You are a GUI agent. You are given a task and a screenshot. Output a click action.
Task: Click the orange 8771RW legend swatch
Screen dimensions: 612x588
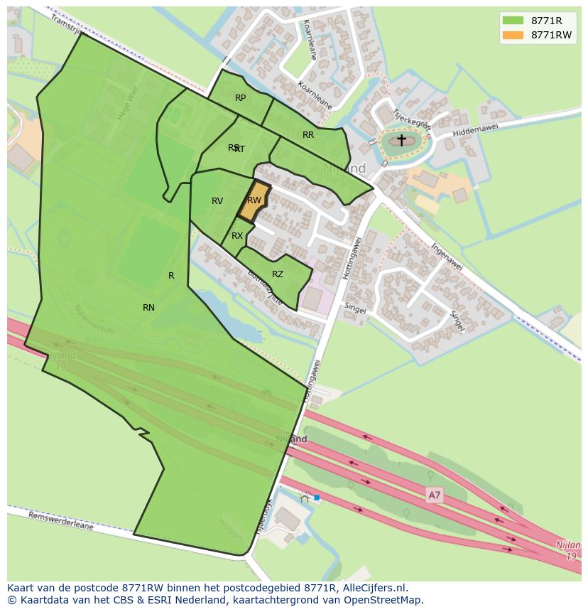(513, 36)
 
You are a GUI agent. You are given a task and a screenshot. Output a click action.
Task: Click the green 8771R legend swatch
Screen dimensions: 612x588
(513, 21)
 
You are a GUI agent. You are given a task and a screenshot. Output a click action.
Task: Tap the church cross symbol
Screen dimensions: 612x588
(401, 140)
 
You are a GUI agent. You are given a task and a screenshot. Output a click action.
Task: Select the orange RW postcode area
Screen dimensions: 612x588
(253, 202)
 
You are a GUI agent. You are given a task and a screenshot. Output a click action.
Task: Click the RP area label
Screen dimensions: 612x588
(240, 98)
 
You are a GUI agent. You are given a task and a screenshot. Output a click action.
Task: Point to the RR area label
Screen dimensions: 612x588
(308, 135)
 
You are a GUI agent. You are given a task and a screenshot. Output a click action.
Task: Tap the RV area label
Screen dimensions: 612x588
(217, 201)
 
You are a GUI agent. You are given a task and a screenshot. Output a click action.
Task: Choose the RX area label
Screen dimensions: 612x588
(237, 236)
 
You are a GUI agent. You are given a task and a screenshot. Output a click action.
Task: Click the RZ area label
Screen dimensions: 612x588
(278, 274)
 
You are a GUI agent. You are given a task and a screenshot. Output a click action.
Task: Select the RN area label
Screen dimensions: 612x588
(148, 308)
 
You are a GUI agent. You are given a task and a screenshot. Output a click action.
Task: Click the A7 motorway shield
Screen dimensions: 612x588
(434, 495)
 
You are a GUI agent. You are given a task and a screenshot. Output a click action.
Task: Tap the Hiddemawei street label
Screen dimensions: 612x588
(475, 128)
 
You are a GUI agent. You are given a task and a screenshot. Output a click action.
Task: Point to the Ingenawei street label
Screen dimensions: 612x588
(447, 255)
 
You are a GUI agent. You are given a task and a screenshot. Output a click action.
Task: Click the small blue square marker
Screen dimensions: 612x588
(317, 498)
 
